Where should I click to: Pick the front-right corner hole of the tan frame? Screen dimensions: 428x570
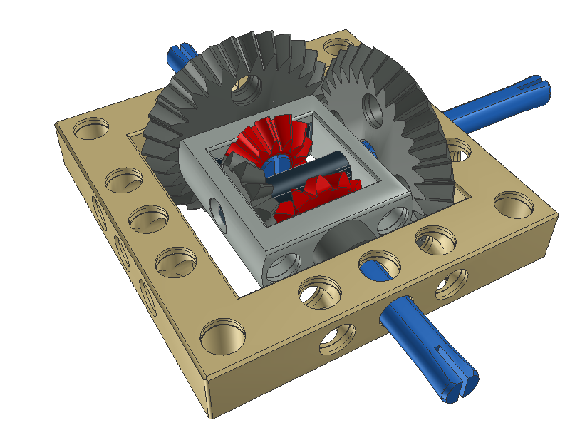[x=513, y=203]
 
